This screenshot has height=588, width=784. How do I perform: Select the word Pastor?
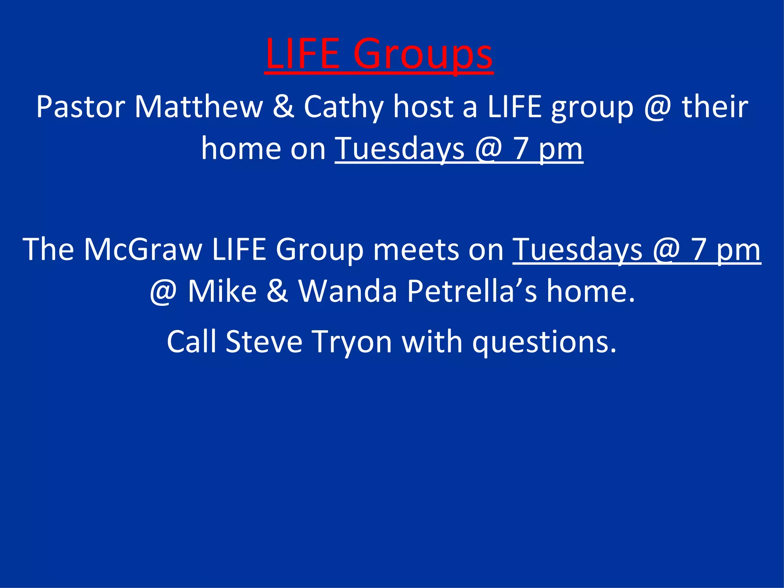click(81, 107)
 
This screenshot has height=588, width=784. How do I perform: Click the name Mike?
click(222, 291)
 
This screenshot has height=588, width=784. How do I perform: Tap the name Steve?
click(264, 341)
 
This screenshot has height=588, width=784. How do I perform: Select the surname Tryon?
click(352, 342)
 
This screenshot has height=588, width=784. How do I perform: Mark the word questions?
click(544, 342)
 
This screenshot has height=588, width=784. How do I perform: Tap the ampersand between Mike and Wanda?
click(277, 291)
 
